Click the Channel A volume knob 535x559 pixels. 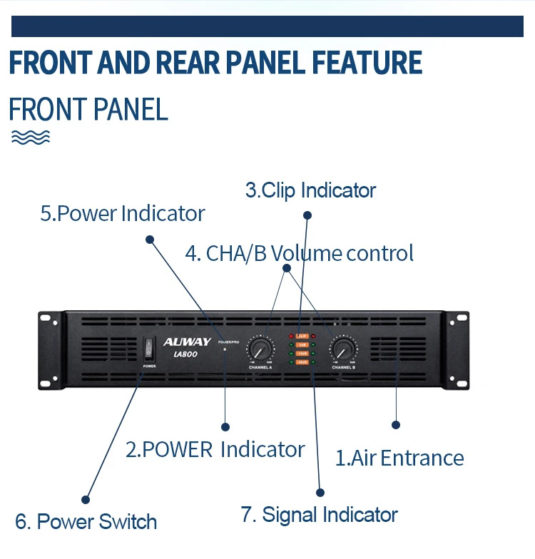click(x=260, y=349)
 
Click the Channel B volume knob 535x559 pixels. click(x=343, y=349)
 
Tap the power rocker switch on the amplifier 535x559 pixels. click(x=149, y=348)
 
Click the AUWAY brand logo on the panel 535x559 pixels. click(x=187, y=342)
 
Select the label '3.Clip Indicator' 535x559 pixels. click(x=310, y=190)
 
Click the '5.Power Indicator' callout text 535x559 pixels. click(x=122, y=213)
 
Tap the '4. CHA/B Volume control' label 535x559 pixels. click(x=299, y=253)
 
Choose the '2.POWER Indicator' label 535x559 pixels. click(x=215, y=449)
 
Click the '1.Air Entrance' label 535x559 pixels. click(x=399, y=458)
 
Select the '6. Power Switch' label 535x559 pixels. click(x=86, y=521)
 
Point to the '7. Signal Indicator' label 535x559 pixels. click(x=319, y=515)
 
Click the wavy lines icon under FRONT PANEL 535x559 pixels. click(x=31, y=137)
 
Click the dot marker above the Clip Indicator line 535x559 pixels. click(x=307, y=215)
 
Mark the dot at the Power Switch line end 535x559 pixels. click(x=86, y=499)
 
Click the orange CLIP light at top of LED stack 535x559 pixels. click(x=302, y=335)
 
